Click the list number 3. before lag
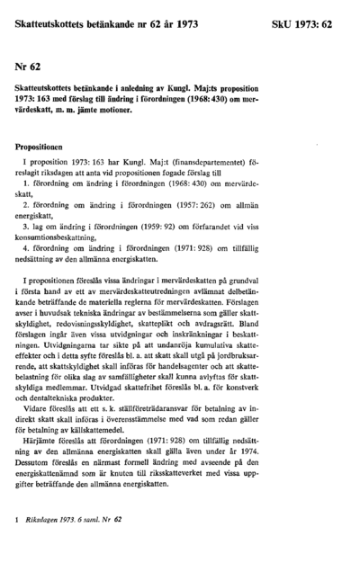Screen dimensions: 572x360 [27, 228]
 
